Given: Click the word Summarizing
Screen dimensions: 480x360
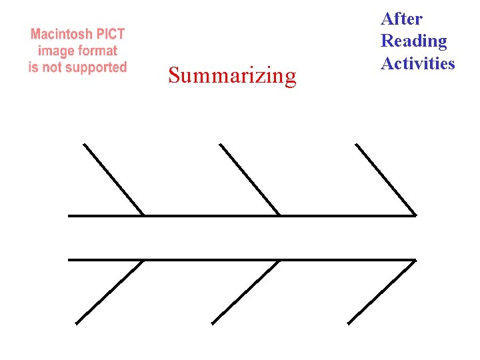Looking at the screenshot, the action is click(x=232, y=76).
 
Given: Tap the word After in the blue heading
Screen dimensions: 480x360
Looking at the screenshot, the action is click(x=401, y=19).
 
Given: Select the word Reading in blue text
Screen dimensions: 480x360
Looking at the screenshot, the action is click(x=413, y=41).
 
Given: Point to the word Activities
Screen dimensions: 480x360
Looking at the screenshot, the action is click(x=417, y=63).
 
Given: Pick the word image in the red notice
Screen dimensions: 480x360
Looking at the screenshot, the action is click(x=57, y=51).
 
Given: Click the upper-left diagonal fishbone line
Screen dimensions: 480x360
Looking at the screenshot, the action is click(x=113, y=179).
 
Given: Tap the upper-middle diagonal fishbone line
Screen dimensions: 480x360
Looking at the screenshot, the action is click(x=249, y=179).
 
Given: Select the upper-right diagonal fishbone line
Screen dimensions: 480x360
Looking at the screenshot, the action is click(x=385, y=179).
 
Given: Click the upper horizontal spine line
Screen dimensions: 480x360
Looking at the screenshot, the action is click(x=200, y=215).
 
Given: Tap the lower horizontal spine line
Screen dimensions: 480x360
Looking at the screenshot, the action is click(x=200, y=259).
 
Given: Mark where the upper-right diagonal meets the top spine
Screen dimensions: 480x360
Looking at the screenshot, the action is click(x=415, y=215).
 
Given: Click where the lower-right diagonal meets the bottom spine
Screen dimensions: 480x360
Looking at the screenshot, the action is click(x=415, y=260).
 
